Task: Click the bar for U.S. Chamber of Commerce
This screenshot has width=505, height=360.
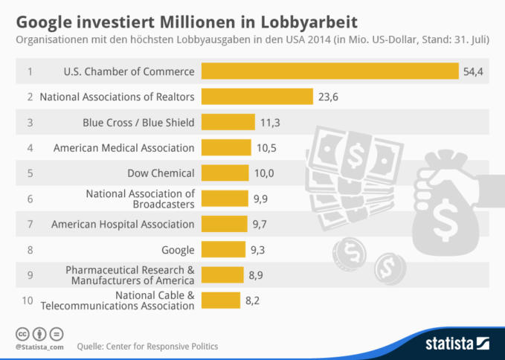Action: pos(329,71)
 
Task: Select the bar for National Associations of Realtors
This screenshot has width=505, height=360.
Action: pos(257,97)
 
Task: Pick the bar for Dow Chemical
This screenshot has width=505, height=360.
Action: pos(225,173)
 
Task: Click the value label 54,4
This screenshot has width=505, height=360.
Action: pos(473,71)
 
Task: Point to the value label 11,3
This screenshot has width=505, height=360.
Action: pos(269,123)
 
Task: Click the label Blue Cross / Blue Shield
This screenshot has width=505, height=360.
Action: pos(138,123)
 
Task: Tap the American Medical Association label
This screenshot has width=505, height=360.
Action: pos(123,148)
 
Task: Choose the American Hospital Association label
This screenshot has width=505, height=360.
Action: pos(123,224)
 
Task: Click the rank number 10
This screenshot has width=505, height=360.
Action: pos(28,300)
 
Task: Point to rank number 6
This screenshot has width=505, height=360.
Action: pos(30,199)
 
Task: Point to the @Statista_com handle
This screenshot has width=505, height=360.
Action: pos(39,347)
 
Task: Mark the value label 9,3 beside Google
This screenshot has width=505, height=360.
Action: pos(258,250)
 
